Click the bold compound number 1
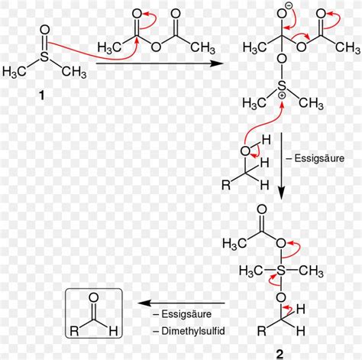pyautogui.click(x=41, y=96)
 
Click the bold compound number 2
pyautogui.click(x=280, y=354)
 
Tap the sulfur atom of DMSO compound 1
pyautogui.click(x=44, y=57)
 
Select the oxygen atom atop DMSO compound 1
pyautogui.click(x=44, y=30)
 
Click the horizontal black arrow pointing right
pyautogui.click(x=160, y=63)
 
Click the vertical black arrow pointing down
pyautogui.click(x=281, y=166)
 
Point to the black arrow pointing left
pyautogui.click(x=182, y=303)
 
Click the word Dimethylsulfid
pyautogui.click(x=193, y=331)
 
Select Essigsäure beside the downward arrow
pyautogui.click(x=319, y=158)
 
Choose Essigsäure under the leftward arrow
pyautogui.click(x=186, y=314)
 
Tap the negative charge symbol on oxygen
pyautogui.click(x=289, y=6)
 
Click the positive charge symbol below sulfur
pyautogui.click(x=283, y=96)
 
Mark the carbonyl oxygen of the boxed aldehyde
pyautogui.click(x=94, y=297)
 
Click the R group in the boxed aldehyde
pyautogui.click(x=74, y=331)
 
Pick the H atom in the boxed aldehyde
pyautogui.click(x=113, y=331)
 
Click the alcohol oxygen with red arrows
pyautogui.click(x=245, y=151)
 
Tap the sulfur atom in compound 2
pyautogui.click(x=281, y=271)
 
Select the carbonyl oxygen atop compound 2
pyautogui.click(x=262, y=209)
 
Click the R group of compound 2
pyautogui.click(x=261, y=331)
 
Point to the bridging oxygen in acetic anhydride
pyautogui.click(x=156, y=47)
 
